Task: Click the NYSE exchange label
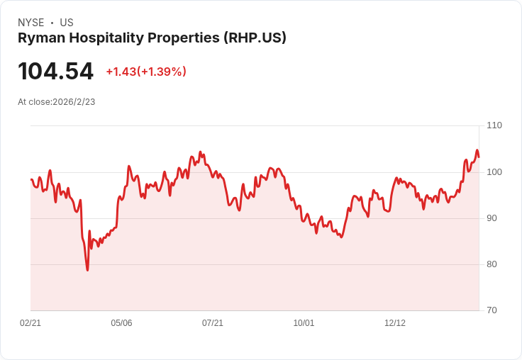pyautogui.click(x=31, y=23)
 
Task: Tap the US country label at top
pyautogui.click(x=67, y=23)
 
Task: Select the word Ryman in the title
pyautogui.click(x=40, y=38)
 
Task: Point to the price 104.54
pyautogui.click(x=55, y=72)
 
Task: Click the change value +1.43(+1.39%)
pyautogui.click(x=146, y=72)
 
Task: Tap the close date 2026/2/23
pyautogui.click(x=74, y=102)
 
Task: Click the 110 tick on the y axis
pyautogui.click(x=494, y=125)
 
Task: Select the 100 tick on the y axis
pyautogui.click(x=494, y=172)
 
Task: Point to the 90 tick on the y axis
pyautogui.click(x=492, y=218)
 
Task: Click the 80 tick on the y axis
pyautogui.click(x=492, y=264)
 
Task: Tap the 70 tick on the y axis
pyautogui.click(x=492, y=310)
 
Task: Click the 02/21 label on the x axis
pyautogui.click(x=30, y=323)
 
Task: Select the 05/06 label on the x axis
pyautogui.click(x=121, y=323)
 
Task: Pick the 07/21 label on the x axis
pyautogui.click(x=213, y=323)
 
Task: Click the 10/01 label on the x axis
pyautogui.click(x=304, y=323)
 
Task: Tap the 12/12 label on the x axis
pyautogui.click(x=395, y=323)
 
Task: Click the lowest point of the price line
pyautogui.click(x=87, y=270)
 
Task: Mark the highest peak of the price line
pyautogui.click(x=477, y=150)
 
